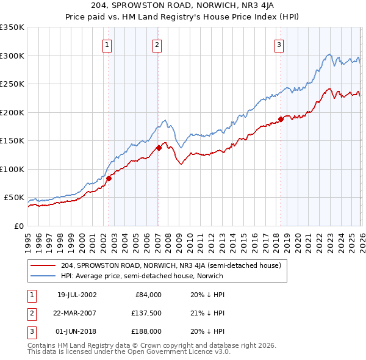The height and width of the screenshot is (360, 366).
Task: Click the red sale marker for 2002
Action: [x=109, y=178]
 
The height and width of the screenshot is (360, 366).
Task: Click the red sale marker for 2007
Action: [x=159, y=148]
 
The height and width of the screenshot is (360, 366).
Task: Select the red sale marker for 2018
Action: [x=281, y=119]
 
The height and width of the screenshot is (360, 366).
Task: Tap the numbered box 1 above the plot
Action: [x=107, y=44]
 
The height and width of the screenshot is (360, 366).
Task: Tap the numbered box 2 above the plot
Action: [x=157, y=44]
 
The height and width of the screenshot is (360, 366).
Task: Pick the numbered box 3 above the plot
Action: [x=279, y=44]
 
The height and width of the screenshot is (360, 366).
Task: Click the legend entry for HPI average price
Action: [x=142, y=276]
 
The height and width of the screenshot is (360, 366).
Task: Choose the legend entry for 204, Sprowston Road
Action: [x=171, y=265]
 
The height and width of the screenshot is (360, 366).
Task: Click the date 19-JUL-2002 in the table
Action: [x=77, y=295]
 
